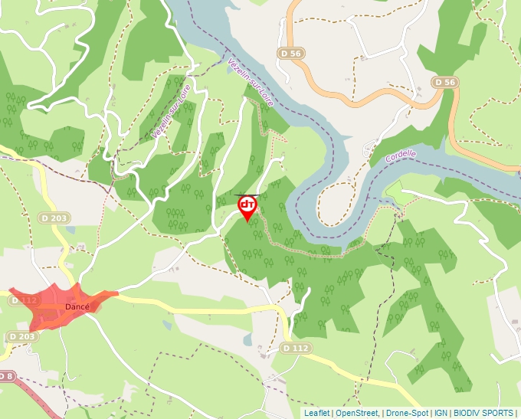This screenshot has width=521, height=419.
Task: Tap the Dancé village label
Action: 77,306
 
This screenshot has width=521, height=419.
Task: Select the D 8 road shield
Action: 6,375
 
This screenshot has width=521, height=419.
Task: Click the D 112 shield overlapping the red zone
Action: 25,301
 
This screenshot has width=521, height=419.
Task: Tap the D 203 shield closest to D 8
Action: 22,337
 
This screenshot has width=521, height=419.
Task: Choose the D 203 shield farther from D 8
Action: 54,219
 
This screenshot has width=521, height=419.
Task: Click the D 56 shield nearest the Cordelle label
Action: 444,82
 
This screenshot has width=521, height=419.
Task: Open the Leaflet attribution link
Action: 316,413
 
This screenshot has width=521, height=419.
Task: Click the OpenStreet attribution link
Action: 356,413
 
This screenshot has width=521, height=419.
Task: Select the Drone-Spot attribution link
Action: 406,413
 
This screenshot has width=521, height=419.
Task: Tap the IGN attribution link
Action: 441,413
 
